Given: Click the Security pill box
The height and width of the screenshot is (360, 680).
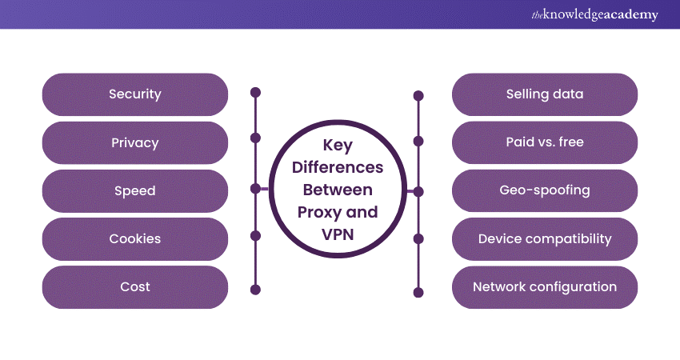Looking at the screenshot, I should (134, 94).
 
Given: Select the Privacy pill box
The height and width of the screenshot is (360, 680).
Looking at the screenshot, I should (134, 142).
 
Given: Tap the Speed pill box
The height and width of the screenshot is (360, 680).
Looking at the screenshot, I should (134, 190).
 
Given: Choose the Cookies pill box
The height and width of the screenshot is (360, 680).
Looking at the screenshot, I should (134, 238).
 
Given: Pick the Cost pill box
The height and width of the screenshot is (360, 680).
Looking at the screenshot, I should (134, 286).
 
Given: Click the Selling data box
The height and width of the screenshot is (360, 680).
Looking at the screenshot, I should (545, 94).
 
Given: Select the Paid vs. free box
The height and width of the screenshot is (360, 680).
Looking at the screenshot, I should (545, 142).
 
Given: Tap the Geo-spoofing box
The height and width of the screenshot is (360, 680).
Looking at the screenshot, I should (545, 190).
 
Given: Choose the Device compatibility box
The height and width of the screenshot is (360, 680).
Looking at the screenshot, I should (545, 238).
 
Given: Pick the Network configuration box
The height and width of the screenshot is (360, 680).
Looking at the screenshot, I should (545, 286).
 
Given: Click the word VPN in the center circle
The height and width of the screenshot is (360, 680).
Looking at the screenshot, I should (337, 234).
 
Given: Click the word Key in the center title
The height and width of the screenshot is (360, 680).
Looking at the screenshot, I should (337, 146).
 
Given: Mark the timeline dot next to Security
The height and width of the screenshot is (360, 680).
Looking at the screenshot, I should (256, 92).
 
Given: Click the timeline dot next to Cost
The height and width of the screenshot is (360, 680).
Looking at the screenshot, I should (256, 289).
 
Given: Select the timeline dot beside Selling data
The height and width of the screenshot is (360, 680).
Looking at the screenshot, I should (418, 96).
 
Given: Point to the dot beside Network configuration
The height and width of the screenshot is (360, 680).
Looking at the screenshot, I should (418, 291).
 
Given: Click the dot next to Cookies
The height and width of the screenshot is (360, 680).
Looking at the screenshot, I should (256, 236).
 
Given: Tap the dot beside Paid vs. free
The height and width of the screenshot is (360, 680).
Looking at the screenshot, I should (418, 142).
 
